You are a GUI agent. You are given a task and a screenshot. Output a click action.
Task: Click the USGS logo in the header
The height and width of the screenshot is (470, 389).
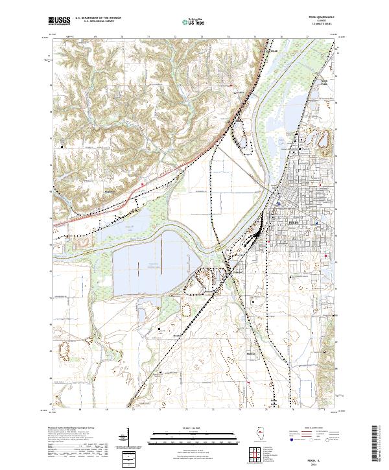[59, 21]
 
